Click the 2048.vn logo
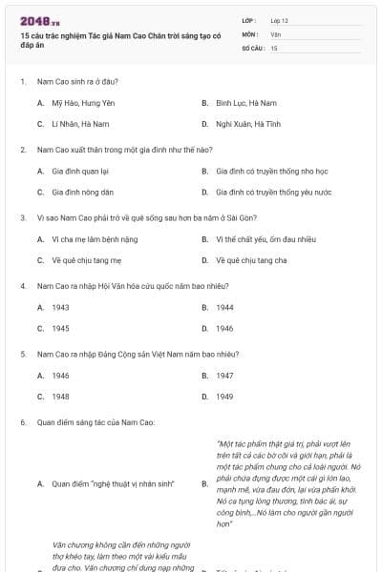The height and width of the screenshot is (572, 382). [39, 21]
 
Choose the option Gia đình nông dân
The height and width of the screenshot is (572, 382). [81, 192]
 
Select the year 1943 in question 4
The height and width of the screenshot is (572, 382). [60, 307]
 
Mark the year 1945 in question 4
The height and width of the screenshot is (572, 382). [60, 328]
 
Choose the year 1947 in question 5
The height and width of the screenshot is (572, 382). [224, 376]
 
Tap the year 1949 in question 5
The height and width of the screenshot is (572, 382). [224, 397]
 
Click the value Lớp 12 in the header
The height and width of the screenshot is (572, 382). [279, 20]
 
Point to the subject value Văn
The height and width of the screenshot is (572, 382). [275, 33]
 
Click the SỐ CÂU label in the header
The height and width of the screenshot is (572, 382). [252, 47]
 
